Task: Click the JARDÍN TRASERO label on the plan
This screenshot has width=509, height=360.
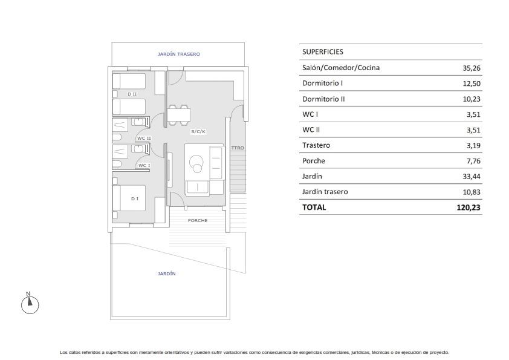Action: [178, 54]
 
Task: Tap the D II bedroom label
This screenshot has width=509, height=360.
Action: [132, 94]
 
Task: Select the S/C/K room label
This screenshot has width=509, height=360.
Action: [198, 131]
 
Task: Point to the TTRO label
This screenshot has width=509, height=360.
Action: [238, 148]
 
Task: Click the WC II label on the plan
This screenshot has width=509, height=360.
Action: [144, 138]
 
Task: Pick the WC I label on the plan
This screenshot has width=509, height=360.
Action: [144, 165]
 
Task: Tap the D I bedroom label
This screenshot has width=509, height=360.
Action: [135, 198]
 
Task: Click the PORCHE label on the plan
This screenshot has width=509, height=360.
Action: [198, 220]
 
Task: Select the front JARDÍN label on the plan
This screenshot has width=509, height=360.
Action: [166, 273]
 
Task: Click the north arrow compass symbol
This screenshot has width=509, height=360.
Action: [30, 304]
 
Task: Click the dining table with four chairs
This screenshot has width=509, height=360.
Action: [178, 115]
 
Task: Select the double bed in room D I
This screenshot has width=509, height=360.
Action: [129, 198]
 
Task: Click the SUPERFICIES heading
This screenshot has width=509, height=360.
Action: [323, 51]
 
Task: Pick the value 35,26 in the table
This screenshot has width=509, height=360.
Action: [472, 68]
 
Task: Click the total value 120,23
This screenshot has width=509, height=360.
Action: [468, 208]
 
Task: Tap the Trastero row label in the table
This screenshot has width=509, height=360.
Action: [316, 145]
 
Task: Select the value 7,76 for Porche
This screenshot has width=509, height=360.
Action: [473, 161]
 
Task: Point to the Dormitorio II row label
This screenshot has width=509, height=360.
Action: [323, 99]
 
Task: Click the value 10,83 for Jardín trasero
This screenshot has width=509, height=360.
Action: [472, 192]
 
